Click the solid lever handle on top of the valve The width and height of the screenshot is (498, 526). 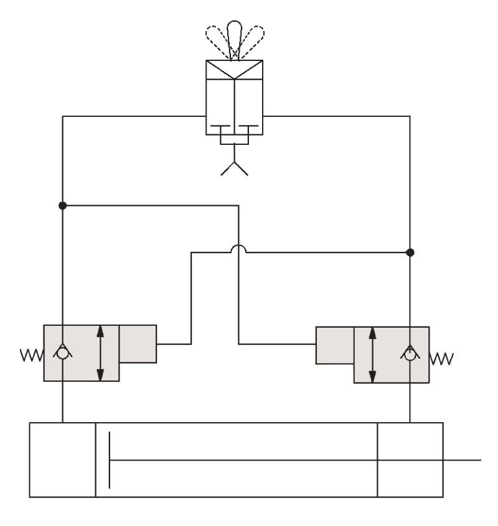point(234,34)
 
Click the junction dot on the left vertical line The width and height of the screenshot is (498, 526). point(62,205)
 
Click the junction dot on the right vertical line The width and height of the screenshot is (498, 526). point(410,252)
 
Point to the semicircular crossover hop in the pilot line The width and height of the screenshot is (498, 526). point(238,249)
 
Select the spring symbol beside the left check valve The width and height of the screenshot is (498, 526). point(31,356)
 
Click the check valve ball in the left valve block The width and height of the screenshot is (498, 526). point(62,353)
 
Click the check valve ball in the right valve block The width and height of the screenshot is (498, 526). point(410,355)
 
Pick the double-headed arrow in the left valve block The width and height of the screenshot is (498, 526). point(101,353)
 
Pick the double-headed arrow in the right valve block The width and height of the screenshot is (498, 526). point(372,355)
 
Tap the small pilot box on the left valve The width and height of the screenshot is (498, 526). point(138,343)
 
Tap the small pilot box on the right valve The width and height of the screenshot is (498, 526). point(335,346)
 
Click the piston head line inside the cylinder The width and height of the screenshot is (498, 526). point(110,460)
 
